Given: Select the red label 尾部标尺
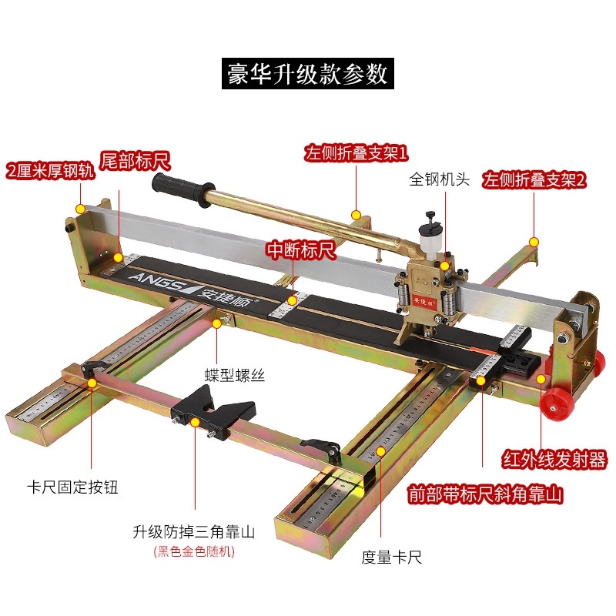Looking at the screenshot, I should (x=135, y=161).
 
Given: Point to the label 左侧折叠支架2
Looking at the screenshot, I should (x=534, y=180).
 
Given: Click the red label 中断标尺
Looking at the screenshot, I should (x=301, y=249).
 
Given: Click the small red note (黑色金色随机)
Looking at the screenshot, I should (x=193, y=551).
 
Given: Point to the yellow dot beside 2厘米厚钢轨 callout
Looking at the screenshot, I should (x=79, y=208).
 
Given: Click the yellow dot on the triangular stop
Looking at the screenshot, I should (x=196, y=421).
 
